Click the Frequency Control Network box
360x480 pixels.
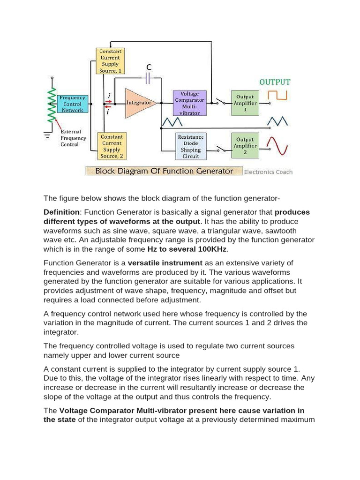pyautogui.click(x=72, y=104)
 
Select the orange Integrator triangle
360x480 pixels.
pyautogui.click(x=138, y=102)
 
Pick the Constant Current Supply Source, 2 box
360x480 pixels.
pyautogui.click(x=112, y=146)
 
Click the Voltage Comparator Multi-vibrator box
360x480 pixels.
pyautogui.click(x=189, y=103)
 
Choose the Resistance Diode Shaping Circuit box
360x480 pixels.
pyautogui.click(x=191, y=146)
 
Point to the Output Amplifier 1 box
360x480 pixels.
pyautogui.click(x=245, y=103)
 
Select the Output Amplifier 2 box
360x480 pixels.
pyautogui.click(x=245, y=146)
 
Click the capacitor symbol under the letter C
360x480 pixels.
pyautogui.click(x=149, y=78)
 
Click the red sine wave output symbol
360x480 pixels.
pyautogui.click(x=281, y=145)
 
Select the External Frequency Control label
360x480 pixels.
pyautogui.click(x=73, y=138)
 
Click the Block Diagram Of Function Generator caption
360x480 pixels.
pyautogui.click(x=164, y=171)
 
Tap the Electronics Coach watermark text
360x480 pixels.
pyautogui.click(x=268, y=172)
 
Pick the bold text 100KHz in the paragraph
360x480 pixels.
pyautogui.click(x=210, y=249)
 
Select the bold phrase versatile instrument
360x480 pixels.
pyautogui.click(x=165, y=263)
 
